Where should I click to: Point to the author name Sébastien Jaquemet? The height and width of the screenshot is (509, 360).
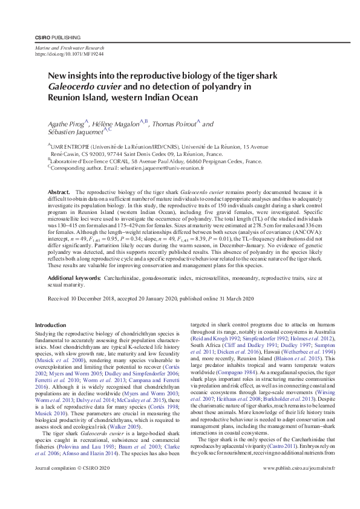click(76, 132)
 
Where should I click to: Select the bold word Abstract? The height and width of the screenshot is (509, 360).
click(59, 191)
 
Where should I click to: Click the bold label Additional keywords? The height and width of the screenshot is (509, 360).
click(74, 277)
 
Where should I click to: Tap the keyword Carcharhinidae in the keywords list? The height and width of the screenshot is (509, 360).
click(124, 277)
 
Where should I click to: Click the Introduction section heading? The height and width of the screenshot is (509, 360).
click(51, 325)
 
